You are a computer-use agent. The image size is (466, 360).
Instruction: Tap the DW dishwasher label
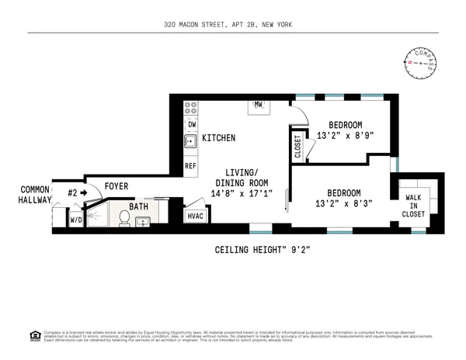[x=190, y=123]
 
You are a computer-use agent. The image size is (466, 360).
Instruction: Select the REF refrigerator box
[x=190, y=165]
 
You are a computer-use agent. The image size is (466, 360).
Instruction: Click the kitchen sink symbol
[x=190, y=142]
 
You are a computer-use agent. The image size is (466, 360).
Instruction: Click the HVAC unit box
[x=195, y=216]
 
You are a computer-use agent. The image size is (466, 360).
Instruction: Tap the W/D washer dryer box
[x=75, y=220]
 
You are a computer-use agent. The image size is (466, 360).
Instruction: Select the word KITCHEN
[x=219, y=138]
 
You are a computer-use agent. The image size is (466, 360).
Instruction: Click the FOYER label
[x=116, y=186]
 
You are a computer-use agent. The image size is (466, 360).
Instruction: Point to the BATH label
[x=138, y=207]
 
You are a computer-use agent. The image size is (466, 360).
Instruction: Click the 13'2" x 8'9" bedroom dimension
[x=345, y=136]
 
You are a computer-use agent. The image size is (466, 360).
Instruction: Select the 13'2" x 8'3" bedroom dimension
[x=343, y=204]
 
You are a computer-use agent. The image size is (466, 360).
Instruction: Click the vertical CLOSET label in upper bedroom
[x=297, y=147]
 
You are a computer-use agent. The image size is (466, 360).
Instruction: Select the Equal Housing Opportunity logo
[x=34, y=335]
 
